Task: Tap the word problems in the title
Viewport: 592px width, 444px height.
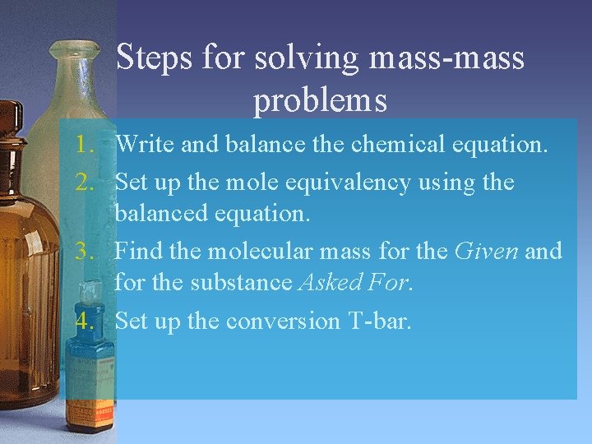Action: click(320, 101)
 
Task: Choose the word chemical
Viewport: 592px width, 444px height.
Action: click(396, 146)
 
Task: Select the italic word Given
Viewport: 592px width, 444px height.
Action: click(487, 250)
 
